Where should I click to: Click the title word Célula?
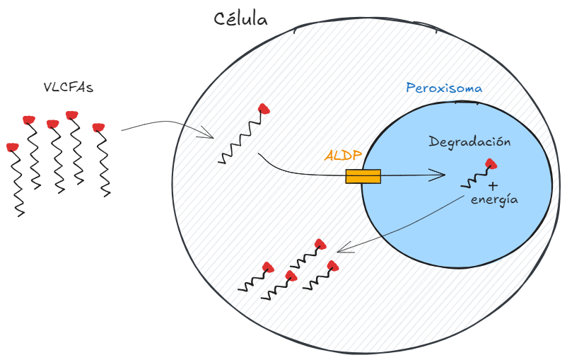241,19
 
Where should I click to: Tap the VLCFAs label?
69,88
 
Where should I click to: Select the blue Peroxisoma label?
444,88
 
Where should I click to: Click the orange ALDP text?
343,155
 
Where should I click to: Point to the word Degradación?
469,141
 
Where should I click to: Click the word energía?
494,199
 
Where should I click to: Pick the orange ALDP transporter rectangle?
363,176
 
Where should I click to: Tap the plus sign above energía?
493,185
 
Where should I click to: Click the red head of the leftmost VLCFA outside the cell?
12,147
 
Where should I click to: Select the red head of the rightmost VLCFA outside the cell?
98,127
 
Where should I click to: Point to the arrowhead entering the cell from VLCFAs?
209,133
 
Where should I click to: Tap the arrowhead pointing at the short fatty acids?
342,249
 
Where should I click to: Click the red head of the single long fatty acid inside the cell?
264,108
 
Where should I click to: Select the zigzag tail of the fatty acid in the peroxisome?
474,180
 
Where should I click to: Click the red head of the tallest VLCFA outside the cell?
71,115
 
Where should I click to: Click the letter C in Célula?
221,20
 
